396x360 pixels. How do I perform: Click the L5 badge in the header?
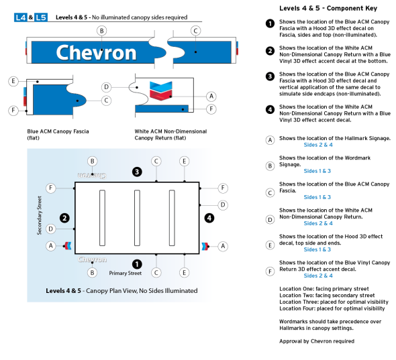point(41,17)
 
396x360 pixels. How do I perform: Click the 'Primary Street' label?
point(126,274)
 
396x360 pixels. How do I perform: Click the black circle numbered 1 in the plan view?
point(137,263)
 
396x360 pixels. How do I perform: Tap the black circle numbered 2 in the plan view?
point(64,217)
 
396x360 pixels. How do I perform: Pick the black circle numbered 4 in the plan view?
point(209,217)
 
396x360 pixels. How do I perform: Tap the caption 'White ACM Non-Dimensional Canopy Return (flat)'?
point(170,135)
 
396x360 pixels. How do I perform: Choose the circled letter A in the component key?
point(270,139)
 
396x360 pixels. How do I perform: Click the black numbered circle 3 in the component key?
point(270,76)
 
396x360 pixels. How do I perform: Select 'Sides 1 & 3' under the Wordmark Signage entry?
point(317,171)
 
